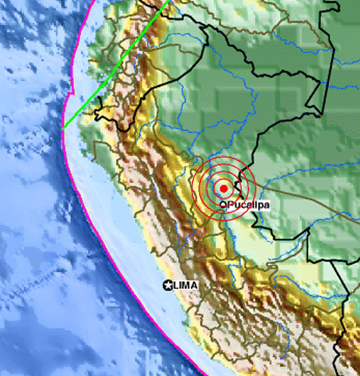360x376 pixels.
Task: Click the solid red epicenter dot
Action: tap(224, 188)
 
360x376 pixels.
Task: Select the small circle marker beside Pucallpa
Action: tap(224, 204)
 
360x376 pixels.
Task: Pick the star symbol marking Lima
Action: tap(168, 285)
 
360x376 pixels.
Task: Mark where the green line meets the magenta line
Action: tap(62, 127)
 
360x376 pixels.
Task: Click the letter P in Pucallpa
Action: tap(230, 205)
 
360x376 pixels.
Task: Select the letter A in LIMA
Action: tap(195, 285)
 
